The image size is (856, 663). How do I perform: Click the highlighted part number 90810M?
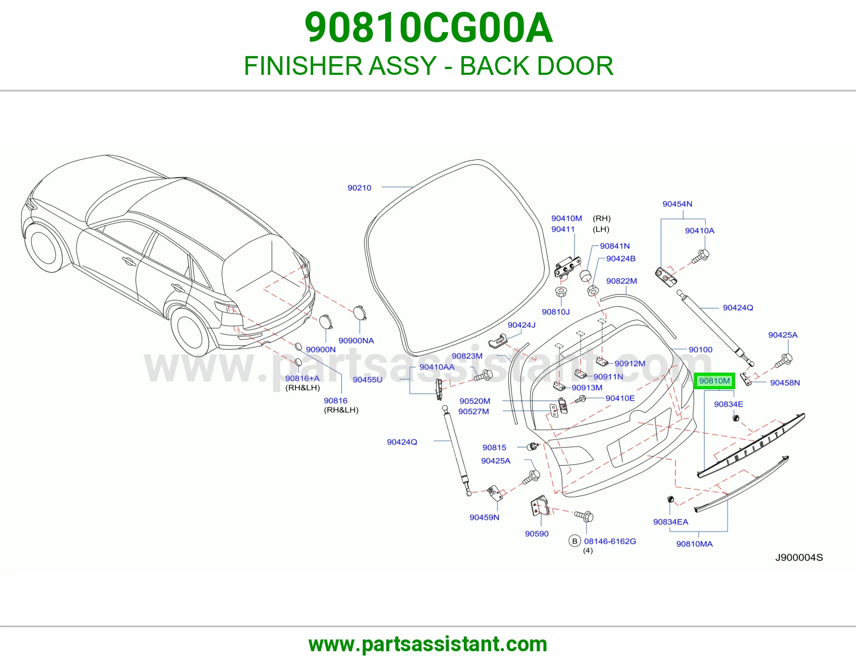click(714, 381)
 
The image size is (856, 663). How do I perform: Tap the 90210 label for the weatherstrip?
click(360, 188)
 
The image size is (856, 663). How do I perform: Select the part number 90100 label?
click(700, 350)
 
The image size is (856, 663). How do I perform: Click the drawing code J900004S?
click(799, 558)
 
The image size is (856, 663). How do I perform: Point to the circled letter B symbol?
click(575, 541)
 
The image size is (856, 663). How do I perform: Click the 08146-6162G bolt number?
click(610, 541)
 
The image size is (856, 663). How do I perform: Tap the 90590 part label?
click(537, 534)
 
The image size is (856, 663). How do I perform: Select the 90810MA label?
click(694, 544)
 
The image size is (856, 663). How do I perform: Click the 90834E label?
click(728, 404)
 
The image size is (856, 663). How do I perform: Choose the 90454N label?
click(677, 204)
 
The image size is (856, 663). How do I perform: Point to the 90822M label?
click(622, 281)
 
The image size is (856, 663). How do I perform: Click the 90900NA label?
click(356, 341)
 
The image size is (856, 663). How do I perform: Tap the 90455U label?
click(368, 380)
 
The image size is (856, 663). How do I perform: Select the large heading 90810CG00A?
click(429, 28)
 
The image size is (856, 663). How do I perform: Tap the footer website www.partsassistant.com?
click(428, 644)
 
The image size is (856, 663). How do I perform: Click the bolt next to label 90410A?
click(701, 257)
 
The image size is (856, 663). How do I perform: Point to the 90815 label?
click(494, 448)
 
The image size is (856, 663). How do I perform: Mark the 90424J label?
click(522, 325)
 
